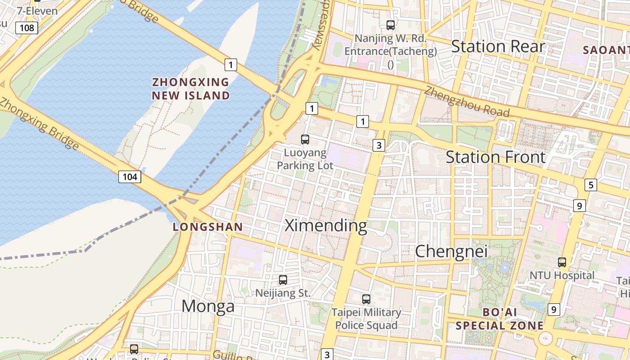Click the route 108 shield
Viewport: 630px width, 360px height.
point(27,28)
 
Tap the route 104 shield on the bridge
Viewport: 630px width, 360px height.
point(130,176)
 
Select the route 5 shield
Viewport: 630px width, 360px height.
point(590,185)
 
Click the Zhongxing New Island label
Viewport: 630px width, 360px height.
point(191,89)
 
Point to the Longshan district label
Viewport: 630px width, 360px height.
point(208,227)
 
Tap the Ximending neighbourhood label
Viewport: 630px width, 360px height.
point(326,225)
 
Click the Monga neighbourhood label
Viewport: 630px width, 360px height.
point(208,306)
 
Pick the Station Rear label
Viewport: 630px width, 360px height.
point(498,46)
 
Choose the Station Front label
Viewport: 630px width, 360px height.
point(495,157)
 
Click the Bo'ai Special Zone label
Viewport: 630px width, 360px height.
point(499,319)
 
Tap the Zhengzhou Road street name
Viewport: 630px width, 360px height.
point(467,101)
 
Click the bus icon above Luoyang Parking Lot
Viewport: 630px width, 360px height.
point(305,139)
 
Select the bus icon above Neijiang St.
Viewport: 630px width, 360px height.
point(283,279)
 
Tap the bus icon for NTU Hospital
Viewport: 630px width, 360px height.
point(562,262)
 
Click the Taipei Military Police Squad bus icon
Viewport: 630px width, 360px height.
point(366,299)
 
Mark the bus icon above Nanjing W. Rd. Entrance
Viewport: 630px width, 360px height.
point(391,25)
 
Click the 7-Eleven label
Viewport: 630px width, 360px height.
point(37,10)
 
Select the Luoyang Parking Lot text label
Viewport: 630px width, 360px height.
point(305,159)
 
